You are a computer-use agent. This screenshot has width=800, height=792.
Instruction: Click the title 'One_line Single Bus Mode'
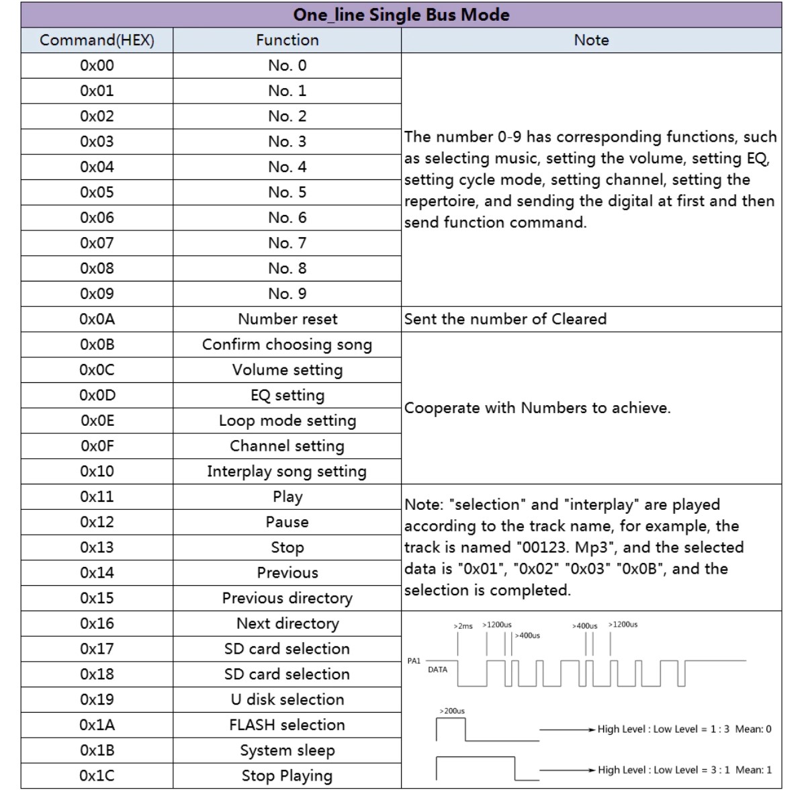pos(401,15)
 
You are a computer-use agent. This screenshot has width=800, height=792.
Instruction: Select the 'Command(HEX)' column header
pos(97,40)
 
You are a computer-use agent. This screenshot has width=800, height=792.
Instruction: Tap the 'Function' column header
pos(287,40)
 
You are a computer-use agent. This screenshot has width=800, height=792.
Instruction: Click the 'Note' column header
pos(591,40)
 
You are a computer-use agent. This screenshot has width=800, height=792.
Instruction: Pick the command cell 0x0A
pos(97,319)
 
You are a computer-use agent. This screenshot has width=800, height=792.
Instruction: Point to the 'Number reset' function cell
pos(287,319)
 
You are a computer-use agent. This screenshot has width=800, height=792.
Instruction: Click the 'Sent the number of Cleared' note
pos(505,319)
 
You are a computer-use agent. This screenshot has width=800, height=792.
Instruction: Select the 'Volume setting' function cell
pos(287,370)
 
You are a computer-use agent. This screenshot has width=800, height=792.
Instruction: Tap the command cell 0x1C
pos(97,776)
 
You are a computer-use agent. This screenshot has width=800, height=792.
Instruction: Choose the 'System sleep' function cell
pos(287,750)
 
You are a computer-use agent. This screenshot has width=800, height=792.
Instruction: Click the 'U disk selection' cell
pos(287,699)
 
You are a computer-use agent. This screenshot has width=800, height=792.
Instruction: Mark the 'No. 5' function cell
pos(287,192)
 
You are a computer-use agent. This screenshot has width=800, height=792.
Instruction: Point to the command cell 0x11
pos(97,496)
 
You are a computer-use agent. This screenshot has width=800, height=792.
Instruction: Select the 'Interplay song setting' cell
pos(287,472)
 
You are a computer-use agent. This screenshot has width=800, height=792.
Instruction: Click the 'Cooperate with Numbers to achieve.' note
pos(537,408)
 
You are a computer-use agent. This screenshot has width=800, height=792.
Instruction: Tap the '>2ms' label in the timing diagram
pos(463,626)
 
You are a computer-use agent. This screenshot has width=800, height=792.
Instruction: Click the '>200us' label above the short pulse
pos(451,711)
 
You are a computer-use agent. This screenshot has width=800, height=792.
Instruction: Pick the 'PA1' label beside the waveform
pos(414,661)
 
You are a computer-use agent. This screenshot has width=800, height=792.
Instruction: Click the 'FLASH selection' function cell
pos(287,725)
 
